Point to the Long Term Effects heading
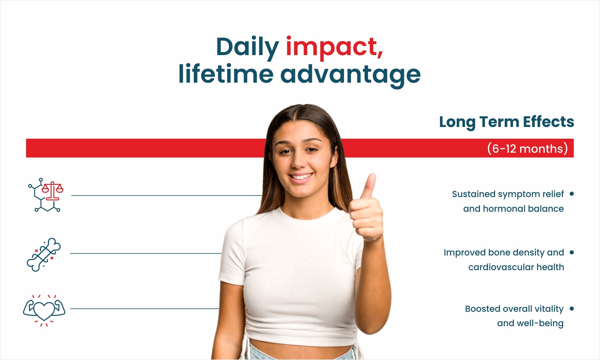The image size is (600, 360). [506, 122]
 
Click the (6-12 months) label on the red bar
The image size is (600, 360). [527, 149]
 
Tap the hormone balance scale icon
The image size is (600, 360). [46, 195]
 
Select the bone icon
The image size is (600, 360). [44, 255]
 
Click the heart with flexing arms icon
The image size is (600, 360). [44, 311]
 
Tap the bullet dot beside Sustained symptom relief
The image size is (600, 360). [572, 194]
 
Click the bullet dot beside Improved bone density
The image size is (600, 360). [572, 252]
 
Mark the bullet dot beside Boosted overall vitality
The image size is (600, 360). [572, 308]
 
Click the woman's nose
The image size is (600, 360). [299, 162]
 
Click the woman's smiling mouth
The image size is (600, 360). [301, 178]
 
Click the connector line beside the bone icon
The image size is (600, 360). [146, 253]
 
